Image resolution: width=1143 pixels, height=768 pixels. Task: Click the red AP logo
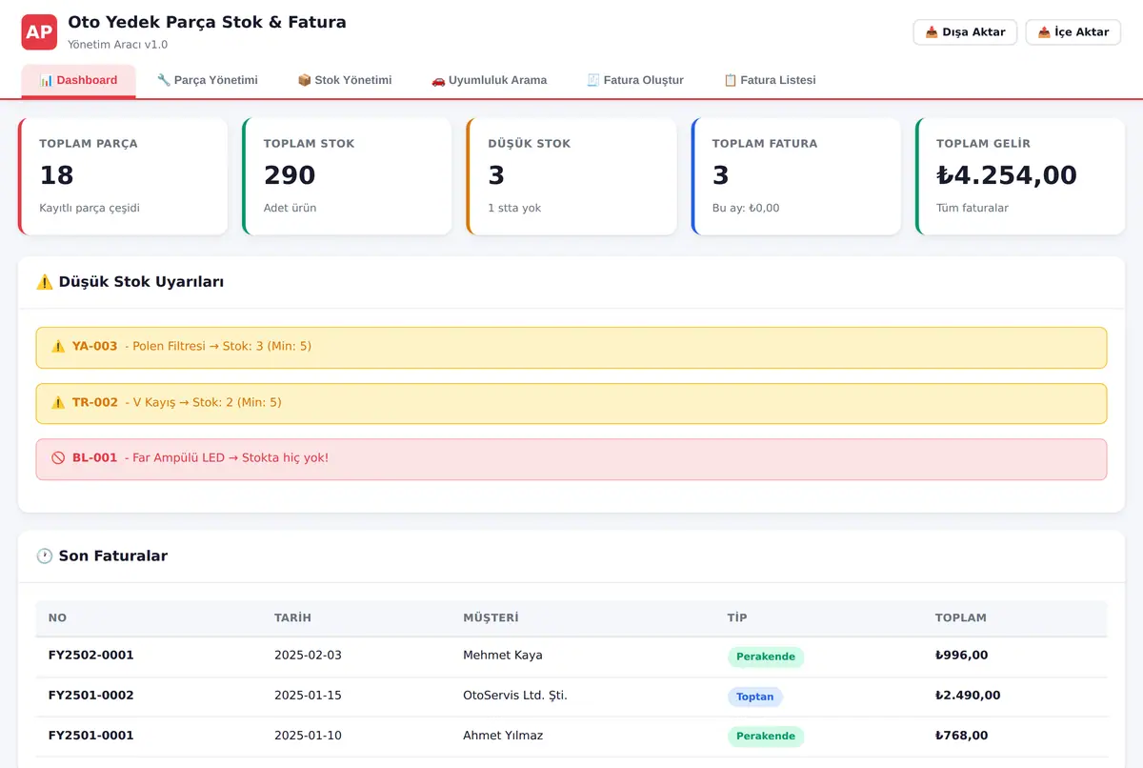point(39,32)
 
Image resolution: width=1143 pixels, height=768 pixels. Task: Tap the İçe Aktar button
point(1073,32)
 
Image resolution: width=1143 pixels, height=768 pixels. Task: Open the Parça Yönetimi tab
point(208,80)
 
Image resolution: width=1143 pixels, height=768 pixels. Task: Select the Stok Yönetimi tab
point(345,80)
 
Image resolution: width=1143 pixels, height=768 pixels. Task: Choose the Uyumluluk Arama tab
point(489,80)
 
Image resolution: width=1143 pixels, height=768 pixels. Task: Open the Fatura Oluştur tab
point(634,80)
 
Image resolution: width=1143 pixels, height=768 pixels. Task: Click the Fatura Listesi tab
point(770,80)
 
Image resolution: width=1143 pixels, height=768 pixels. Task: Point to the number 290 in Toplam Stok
point(290,175)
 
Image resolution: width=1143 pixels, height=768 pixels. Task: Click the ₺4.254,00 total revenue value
point(1006,175)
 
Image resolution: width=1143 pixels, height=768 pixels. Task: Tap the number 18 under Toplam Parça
point(56,175)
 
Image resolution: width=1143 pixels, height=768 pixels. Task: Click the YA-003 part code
point(94,346)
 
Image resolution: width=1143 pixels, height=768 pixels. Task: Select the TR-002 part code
point(95,402)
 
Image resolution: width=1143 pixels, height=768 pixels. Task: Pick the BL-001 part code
point(94,457)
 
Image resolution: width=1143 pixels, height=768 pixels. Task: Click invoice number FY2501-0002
point(90,695)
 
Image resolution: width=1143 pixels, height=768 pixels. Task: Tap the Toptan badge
point(754,697)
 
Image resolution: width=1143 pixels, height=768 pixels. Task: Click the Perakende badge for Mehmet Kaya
point(766,657)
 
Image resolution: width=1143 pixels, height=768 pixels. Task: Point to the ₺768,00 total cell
point(961,736)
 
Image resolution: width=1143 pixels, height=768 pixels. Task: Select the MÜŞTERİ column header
point(491,617)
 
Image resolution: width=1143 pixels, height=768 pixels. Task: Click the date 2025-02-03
point(308,656)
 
